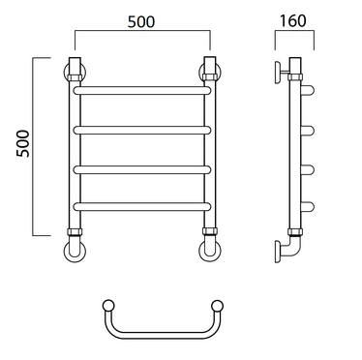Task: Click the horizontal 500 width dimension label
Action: [141, 21]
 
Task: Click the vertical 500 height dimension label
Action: [22, 143]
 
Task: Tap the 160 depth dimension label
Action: [292, 21]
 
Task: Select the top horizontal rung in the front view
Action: [142, 90]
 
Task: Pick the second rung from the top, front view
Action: [142, 131]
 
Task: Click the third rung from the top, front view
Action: [142, 170]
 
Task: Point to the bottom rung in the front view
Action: [142, 206]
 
